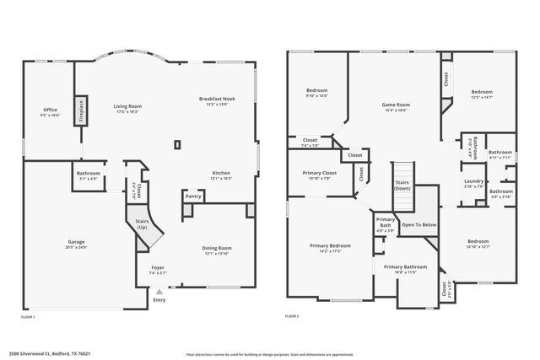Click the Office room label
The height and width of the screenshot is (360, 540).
(x=51, y=111)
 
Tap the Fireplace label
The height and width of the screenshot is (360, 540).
(x=82, y=110)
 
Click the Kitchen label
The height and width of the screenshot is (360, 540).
(x=221, y=175)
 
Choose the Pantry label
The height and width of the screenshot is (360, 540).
(x=194, y=197)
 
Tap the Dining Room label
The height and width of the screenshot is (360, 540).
(x=216, y=250)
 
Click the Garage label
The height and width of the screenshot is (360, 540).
(x=76, y=246)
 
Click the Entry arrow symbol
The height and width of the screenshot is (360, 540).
(x=158, y=290)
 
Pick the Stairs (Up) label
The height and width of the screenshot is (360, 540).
(x=142, y=225)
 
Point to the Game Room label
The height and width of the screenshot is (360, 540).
(x=395, y=106)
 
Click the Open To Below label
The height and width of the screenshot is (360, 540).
(x=419, y=225)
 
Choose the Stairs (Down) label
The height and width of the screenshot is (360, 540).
(x=402, y=185)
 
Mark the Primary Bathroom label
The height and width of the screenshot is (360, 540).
(x=400, y=269)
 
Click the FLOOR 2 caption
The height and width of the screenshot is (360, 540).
(x=292, y=315)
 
